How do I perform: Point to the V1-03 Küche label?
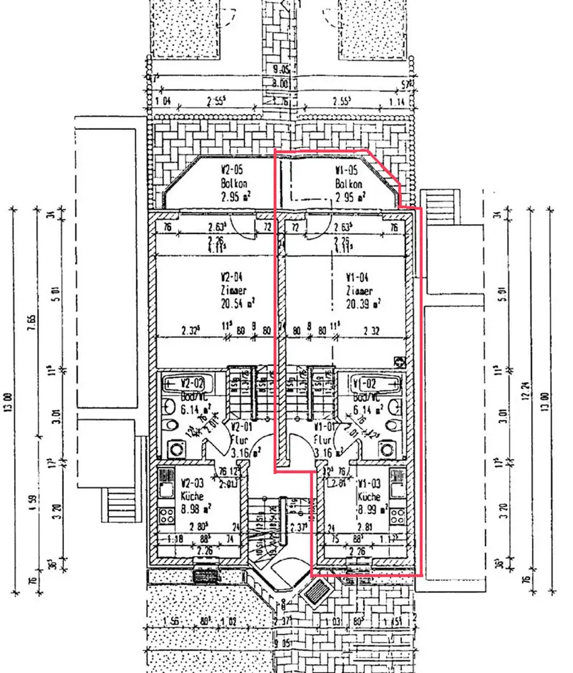tap(369, 489)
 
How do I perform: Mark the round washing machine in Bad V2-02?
tap(178, 449)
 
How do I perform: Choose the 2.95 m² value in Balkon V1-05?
tap(349, 197)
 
